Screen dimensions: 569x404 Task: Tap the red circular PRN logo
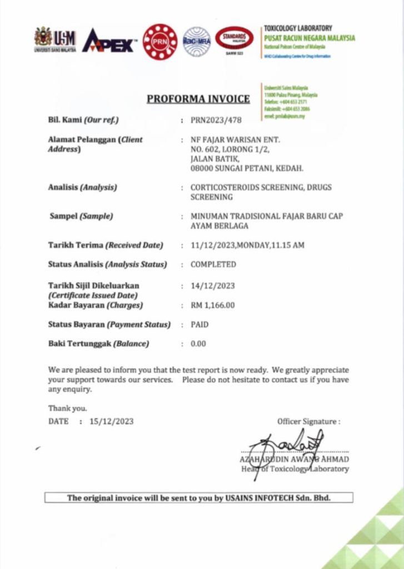coord(160,42)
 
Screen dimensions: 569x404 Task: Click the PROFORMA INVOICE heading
coord(198,99)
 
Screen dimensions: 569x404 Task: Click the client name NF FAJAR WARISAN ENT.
coord(235,139)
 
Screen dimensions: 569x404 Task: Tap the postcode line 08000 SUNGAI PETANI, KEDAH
coord(247,168)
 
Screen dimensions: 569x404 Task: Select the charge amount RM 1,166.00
coord(213,305)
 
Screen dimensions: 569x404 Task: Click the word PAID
coord(199,325)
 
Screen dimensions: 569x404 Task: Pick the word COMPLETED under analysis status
coord(213,264)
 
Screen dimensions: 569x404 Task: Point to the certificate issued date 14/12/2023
coord(213,286)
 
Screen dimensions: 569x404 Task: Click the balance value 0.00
coord(198,344)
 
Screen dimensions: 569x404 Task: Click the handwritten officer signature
coord(286,446)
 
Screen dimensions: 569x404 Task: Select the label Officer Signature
coord(308,422)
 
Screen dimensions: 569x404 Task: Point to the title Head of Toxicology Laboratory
coord(295,469)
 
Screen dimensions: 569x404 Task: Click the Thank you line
coord(67,408)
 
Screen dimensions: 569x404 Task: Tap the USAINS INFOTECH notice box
coord(198,498)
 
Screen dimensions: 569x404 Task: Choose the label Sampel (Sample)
coord(81,216)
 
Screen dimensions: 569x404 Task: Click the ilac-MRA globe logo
coord(197,42)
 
